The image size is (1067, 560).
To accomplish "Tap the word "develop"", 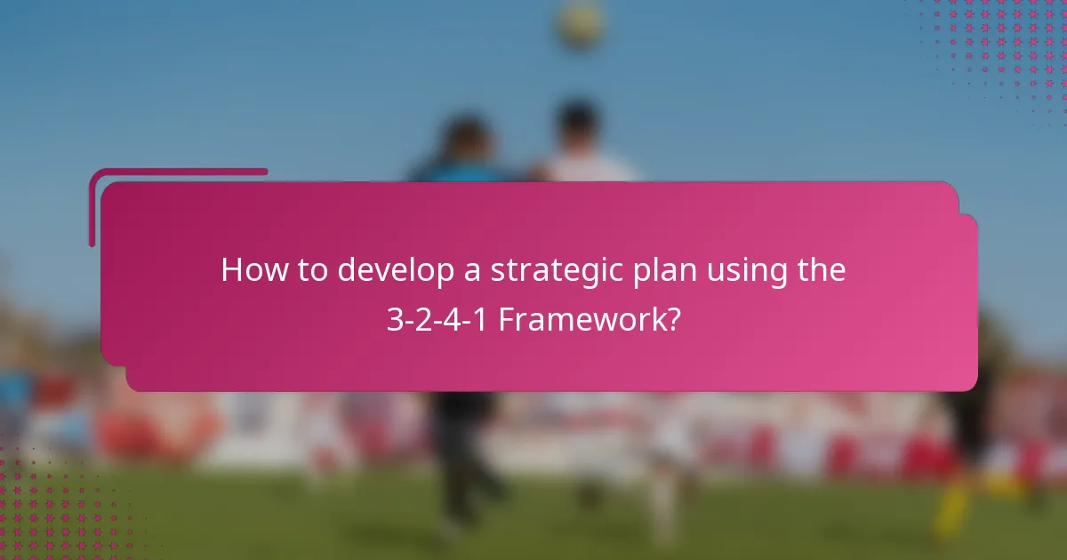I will point(398,270).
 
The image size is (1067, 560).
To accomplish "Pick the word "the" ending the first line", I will point(820,269).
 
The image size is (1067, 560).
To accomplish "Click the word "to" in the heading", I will point(311,270).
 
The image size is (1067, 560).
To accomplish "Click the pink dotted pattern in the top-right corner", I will point(1005,44).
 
